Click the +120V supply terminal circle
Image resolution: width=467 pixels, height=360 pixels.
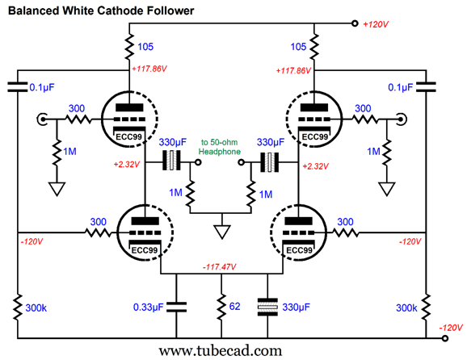355,23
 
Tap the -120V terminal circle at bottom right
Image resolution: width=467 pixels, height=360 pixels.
445,338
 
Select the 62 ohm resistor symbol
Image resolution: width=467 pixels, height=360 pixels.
221,308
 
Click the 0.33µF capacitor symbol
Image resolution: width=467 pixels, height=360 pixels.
176,307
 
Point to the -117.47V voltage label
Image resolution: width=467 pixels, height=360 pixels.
220,267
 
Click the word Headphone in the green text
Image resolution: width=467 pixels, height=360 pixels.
220,152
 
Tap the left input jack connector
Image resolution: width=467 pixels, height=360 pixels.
42,119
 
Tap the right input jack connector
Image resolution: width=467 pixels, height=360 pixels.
402,119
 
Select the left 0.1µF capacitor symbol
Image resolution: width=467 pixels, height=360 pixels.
17,87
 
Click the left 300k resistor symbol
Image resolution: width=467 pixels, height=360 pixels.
17,307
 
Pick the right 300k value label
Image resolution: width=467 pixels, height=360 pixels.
406,308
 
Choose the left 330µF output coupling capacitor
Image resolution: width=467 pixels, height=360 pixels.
171,161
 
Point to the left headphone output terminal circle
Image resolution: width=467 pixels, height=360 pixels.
198,162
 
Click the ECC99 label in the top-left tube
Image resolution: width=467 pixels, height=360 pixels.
128,137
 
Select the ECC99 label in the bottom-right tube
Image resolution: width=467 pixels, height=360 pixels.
299,250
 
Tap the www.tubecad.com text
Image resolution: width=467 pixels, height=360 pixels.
220,351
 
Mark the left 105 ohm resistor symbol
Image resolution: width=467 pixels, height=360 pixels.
129,47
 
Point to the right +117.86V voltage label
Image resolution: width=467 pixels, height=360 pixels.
293,71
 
